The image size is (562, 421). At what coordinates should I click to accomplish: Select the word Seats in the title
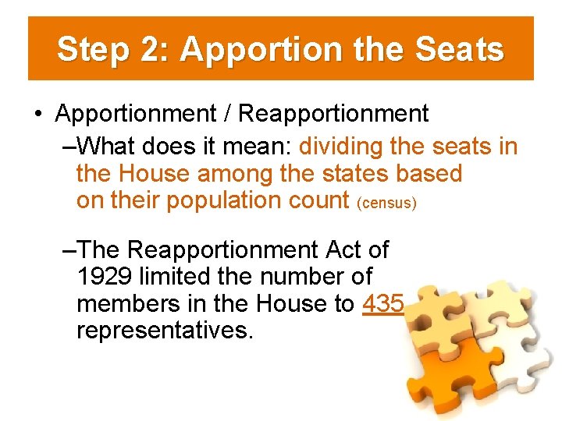(x=461, y=50)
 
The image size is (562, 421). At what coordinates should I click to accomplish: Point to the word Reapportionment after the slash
(x=333, y=114)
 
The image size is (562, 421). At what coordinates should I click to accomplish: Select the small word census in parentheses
(x=386, y=203)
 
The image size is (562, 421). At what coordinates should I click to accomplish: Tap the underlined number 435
(x=383, y=304)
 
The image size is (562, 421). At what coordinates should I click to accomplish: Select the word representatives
(x=165, y=331)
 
